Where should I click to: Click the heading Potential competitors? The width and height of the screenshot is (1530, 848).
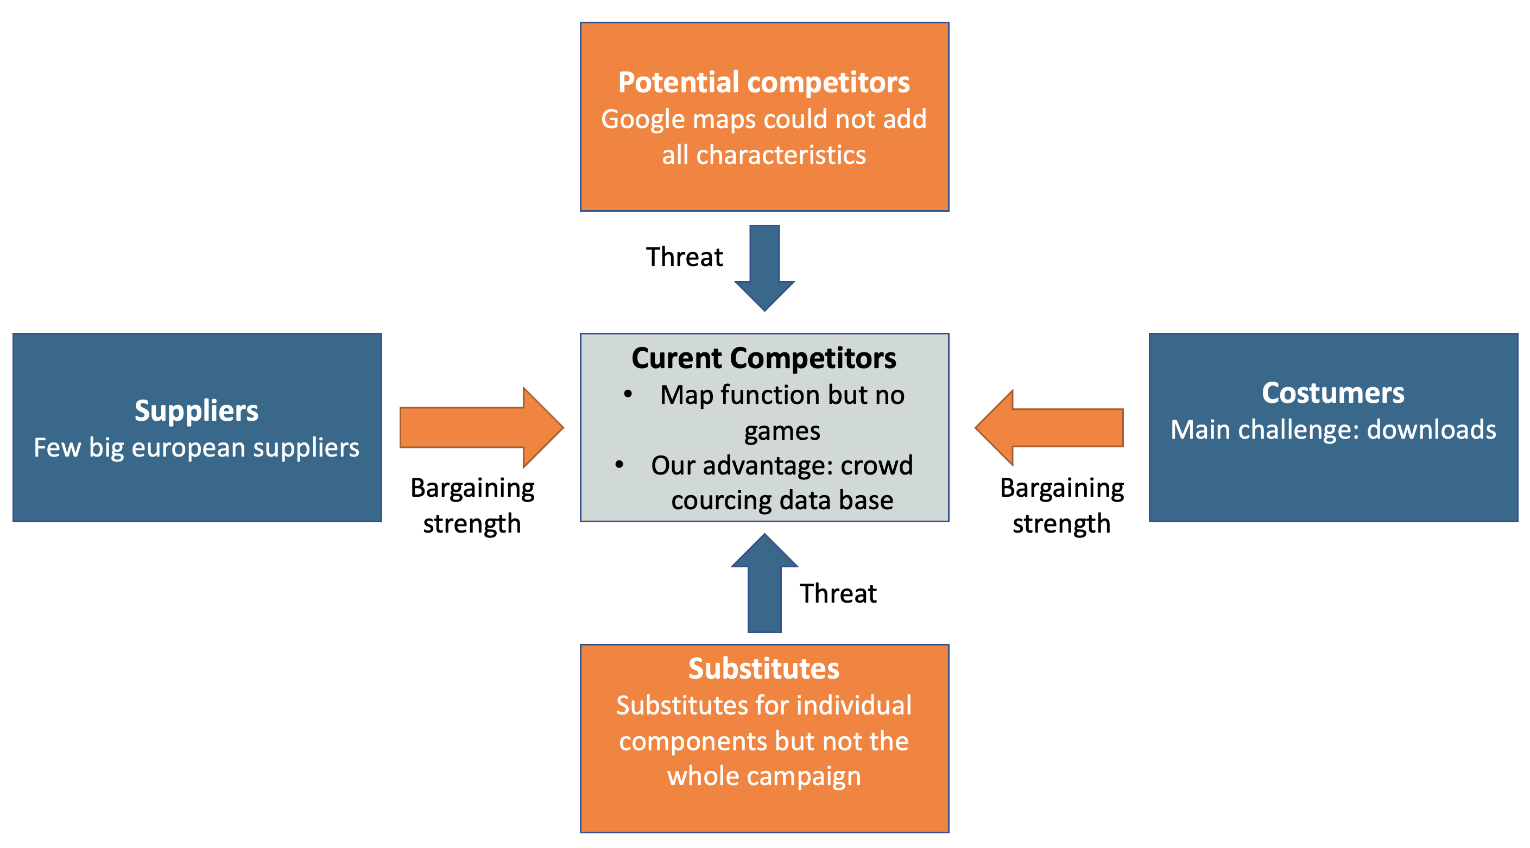764,83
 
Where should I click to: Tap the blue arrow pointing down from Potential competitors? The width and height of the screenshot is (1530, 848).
764,268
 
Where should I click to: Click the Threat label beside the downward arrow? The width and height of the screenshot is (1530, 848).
684,257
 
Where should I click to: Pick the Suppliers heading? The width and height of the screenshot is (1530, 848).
197,412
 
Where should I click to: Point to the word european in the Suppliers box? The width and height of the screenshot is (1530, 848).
188,448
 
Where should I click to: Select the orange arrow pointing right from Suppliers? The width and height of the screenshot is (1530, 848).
482,428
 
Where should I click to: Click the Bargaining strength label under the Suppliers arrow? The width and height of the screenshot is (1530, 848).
472,506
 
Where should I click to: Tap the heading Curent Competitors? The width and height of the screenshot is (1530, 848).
764,359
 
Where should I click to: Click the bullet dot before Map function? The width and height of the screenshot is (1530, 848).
628,394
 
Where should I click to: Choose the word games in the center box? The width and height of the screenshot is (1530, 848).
782,432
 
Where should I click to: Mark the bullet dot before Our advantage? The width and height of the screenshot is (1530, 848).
619,465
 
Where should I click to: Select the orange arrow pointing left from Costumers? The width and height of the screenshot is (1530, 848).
1049,428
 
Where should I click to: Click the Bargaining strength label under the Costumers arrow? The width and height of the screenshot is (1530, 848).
1062,506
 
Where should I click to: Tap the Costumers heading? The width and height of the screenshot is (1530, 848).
1333,393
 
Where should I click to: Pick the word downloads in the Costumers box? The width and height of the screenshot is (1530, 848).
1431,429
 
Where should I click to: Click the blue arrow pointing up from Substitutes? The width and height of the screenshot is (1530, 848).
764,583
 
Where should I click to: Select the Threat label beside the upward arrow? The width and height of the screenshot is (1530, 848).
838,594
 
